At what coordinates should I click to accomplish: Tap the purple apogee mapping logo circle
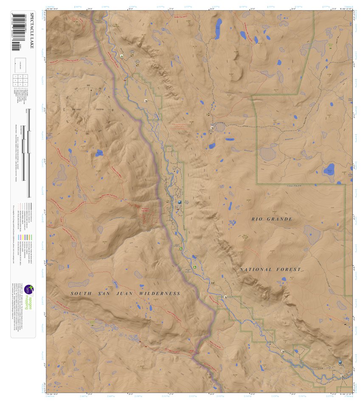click(x=28, y=289)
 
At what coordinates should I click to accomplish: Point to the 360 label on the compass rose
click(x=88, y=86)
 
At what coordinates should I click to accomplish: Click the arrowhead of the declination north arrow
click(x=90, y=91)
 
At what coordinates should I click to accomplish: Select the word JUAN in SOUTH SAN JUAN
click(x=120, y=293)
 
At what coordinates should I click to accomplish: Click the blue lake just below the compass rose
click(x=99, y=153)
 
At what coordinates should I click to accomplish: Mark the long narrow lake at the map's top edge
click(x=218, y=28)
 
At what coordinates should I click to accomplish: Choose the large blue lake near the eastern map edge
click(x=329, y=170)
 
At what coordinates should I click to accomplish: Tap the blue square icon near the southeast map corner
click(x=340, y=362)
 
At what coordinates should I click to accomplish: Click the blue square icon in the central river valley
click(x=180, y=202)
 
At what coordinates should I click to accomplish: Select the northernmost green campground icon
click(x=122, y=56)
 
